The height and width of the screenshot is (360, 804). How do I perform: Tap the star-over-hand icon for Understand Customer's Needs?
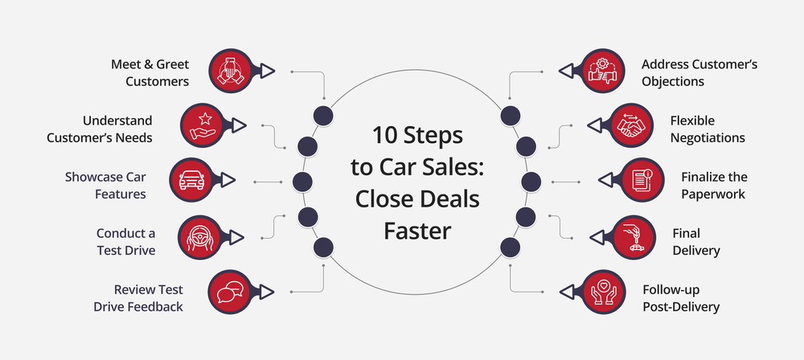(202, 125)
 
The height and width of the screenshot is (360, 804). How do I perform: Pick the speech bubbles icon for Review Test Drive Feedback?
(232, 291)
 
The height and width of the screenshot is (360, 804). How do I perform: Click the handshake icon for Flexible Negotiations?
(631, 125)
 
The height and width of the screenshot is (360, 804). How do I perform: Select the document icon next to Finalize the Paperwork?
(641, 179)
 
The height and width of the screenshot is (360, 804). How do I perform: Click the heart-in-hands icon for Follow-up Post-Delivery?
(601, 291)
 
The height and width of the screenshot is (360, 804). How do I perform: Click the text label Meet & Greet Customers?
(150, 72)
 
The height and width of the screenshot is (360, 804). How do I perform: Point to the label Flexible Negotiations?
(707, 129)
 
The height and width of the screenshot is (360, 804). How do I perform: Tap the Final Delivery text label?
(695, 241)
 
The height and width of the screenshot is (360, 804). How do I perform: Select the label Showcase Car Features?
(106, 185)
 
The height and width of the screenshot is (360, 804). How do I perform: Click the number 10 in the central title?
(383, 133)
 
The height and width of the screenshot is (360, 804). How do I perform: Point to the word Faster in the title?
(417, 231)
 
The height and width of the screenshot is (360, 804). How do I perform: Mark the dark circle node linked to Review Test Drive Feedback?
(322, 247)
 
